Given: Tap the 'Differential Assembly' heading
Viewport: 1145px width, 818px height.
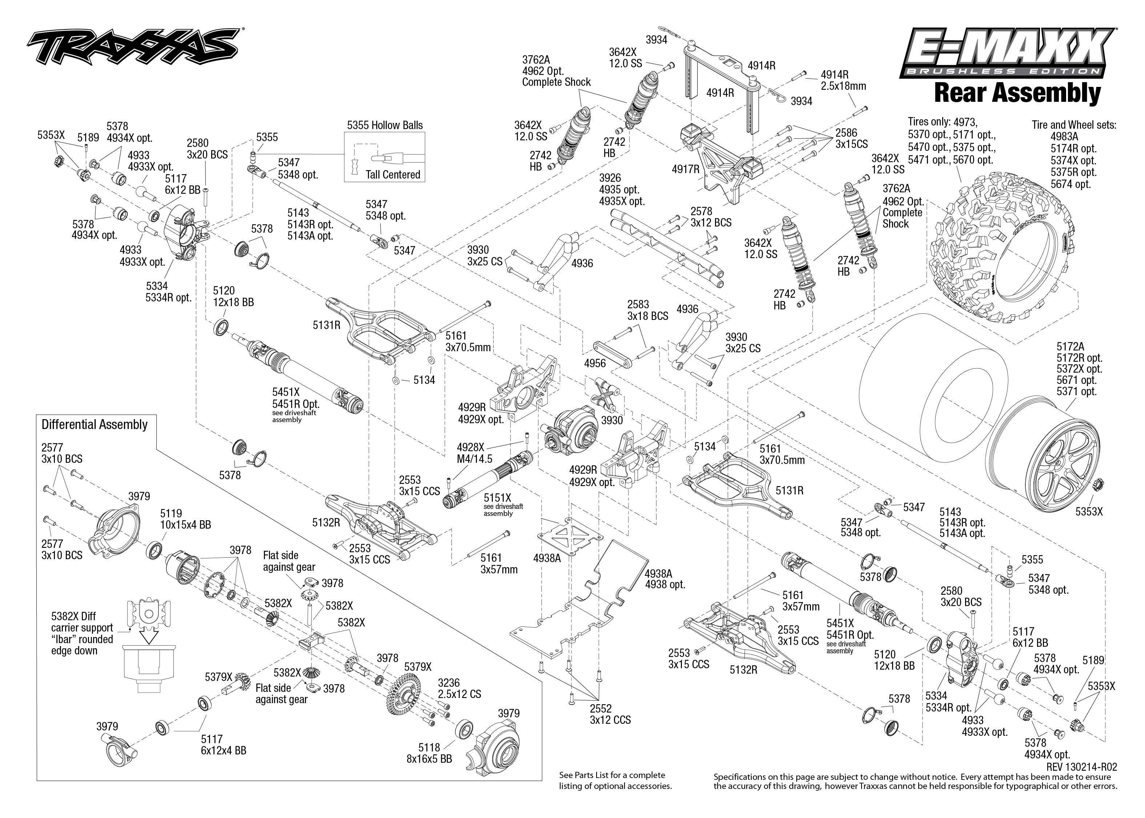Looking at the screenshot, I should [x=95, y=425].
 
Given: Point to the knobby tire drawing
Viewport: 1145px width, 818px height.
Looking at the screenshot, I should [x=1002, y=247].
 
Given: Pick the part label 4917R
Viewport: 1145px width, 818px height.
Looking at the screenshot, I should [x=685, y=169].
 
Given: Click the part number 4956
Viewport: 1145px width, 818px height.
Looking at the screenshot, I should [x=595, y=363].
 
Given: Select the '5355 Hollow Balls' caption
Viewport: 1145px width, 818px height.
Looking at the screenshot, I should [x=385, y=125].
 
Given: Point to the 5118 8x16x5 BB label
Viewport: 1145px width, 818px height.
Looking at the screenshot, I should [x=429, y=753].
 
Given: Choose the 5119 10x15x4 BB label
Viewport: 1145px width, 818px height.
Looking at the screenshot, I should [x=185, y=519].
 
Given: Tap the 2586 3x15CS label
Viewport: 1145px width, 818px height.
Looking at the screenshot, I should [x=851, y=138].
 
